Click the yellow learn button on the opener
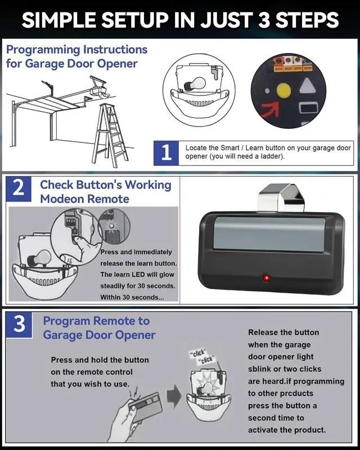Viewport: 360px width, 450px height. pyautogui.click(x=283, y=90)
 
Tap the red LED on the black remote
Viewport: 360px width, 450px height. pyautogui.click(x=267, y=277)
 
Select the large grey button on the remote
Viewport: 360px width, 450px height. pyautogui.click(x=270, y=235)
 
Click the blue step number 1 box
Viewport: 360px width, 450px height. pyautogui.click(x=166, y=153)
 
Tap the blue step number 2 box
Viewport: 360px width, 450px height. pyautogui.click(x=19, y=188)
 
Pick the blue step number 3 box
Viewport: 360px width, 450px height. pyautogui.click(x=19, y=325)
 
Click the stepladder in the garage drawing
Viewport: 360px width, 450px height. pyautogui.click(x=110, y=135)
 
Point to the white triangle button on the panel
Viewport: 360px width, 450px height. pyautogui.click(x=308, y=86)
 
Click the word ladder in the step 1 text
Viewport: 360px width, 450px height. pyautogui.click(x=271, y=156)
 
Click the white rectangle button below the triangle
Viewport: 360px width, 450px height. pyautogui.click(x=309, y=109)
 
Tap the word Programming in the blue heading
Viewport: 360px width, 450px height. pyautogui.click(x=43, y=50)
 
